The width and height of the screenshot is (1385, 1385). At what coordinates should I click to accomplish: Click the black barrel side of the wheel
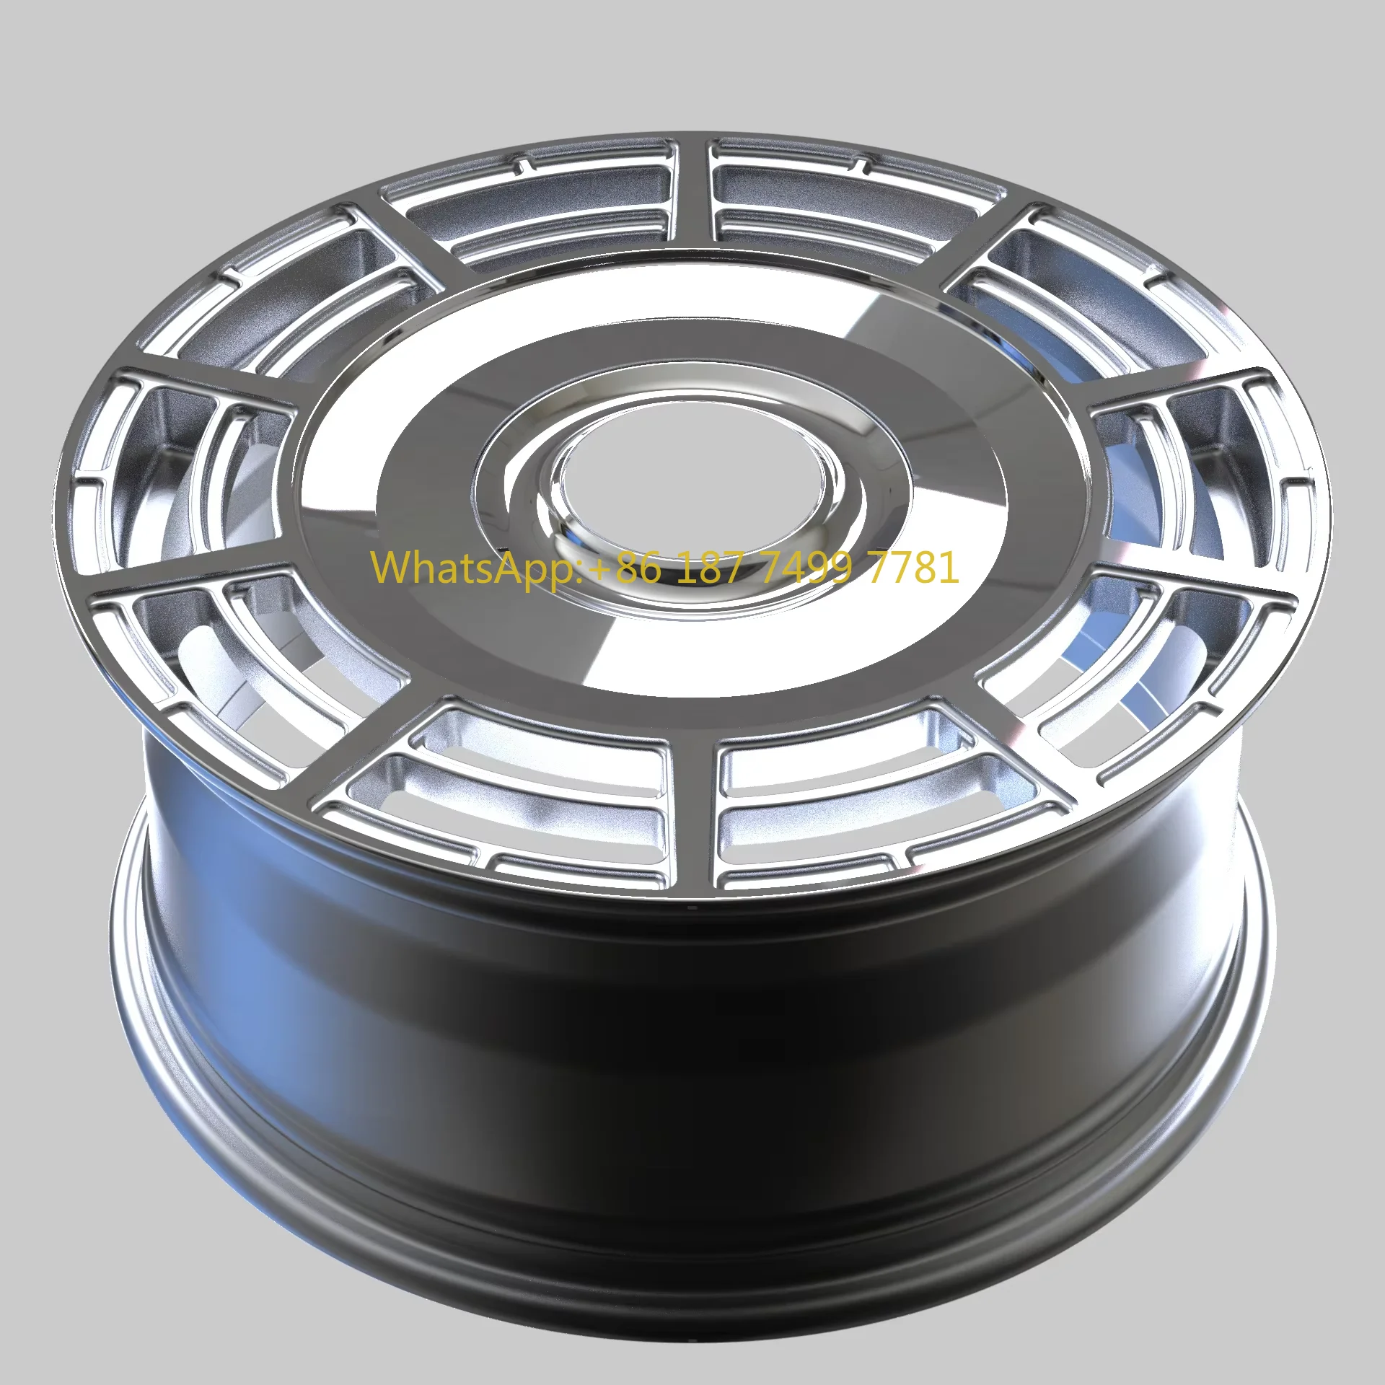pyautogui.click(x=692, y=1082)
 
